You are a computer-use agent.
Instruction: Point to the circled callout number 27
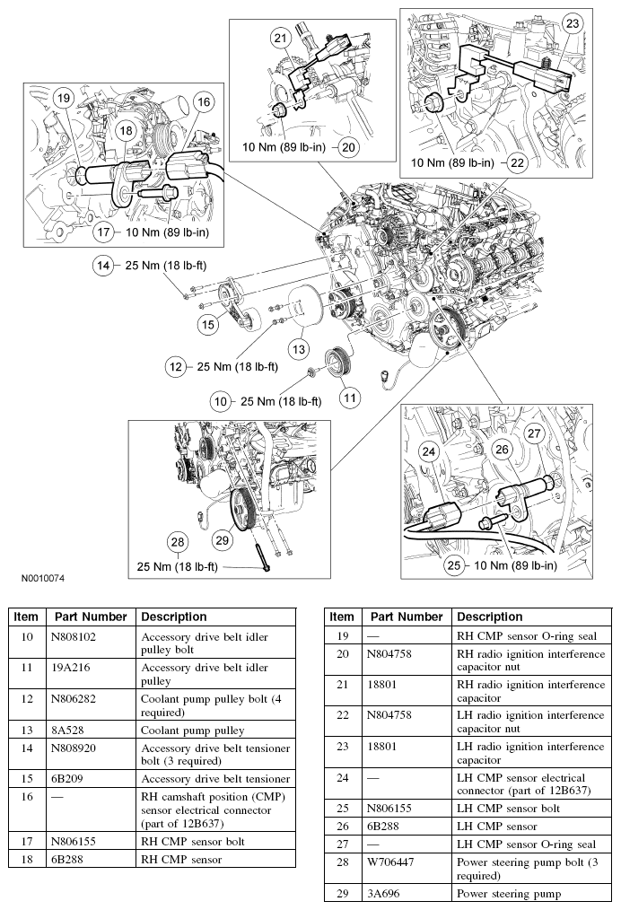(535, 433)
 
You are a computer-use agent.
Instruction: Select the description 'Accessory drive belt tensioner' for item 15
(215, 779)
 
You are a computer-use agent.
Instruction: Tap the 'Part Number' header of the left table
(89, 617)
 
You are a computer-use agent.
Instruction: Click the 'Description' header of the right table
(489, 617)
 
